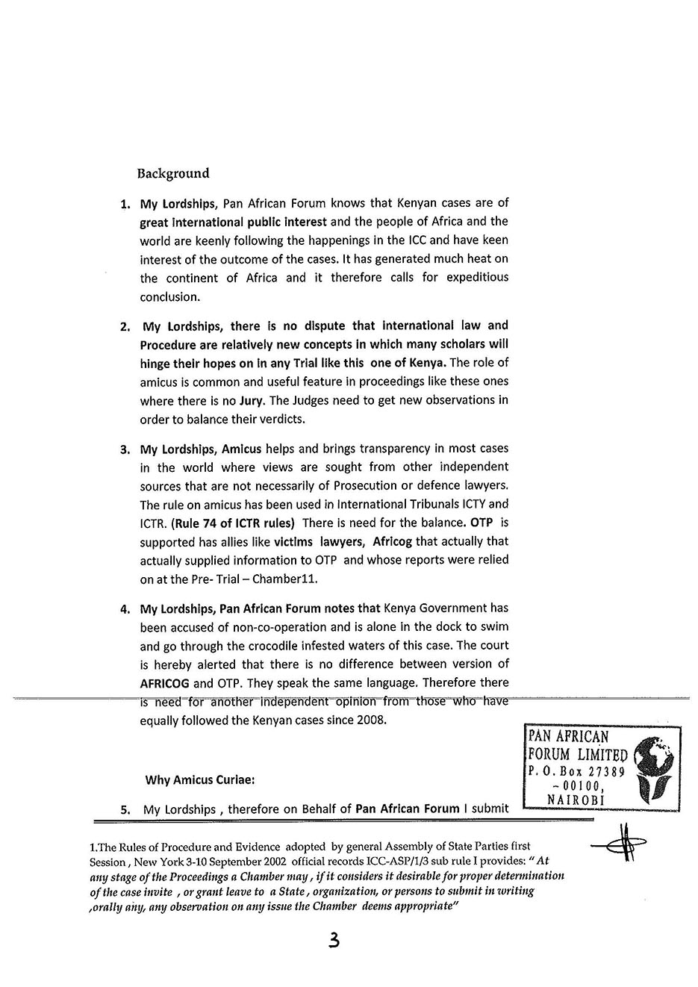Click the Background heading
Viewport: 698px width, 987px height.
coord(173,174)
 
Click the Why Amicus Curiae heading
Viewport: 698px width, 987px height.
coord(200,780)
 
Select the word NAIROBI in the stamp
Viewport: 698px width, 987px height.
coord(576,800)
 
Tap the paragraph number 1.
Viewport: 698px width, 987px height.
coord(125,204)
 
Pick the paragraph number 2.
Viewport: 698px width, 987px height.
coord(125,327)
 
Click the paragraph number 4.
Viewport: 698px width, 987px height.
coord(125,609)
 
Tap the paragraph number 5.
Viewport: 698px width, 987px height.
coord(125,809)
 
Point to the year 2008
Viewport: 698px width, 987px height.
coord(373,720)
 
